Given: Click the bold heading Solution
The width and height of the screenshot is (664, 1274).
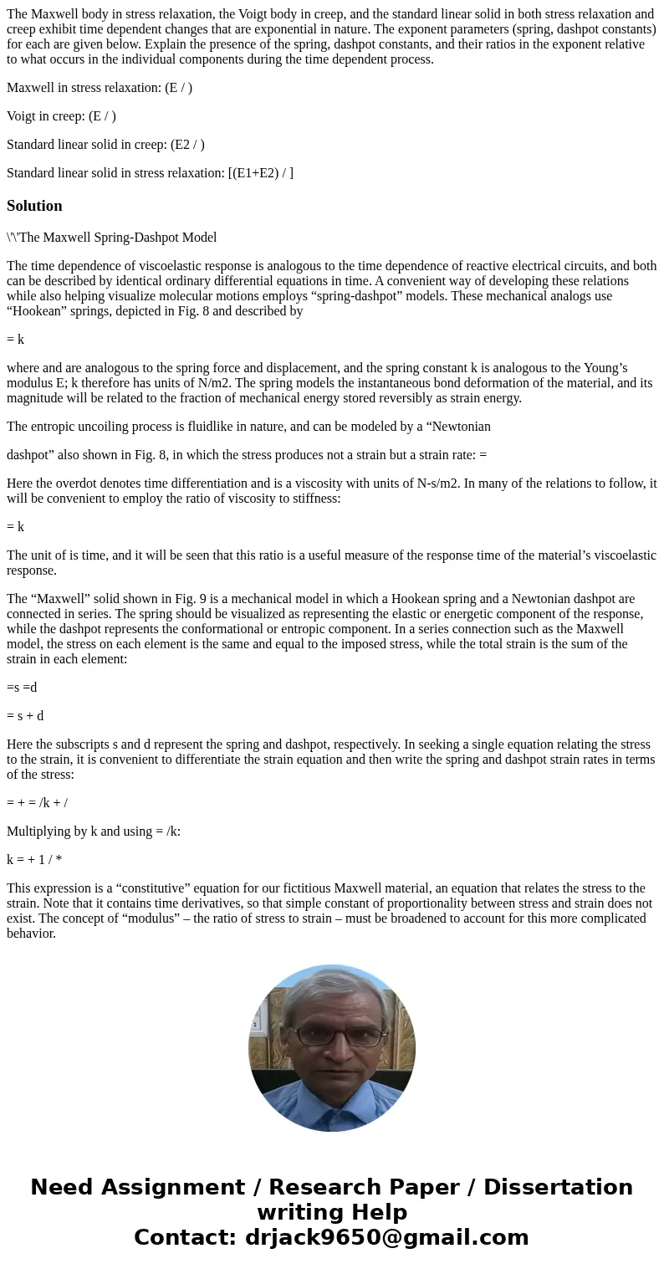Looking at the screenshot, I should [x=34, y=206].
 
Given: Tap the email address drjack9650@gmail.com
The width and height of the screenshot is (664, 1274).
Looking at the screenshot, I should [x=386, y=1237].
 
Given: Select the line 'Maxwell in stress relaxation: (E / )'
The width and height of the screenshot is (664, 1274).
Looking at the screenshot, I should [x=100, y=88].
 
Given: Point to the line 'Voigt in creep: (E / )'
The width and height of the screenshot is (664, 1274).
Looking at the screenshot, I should [x=61, y=116].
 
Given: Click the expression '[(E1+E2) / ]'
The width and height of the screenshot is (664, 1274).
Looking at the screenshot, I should [x=260, y=173].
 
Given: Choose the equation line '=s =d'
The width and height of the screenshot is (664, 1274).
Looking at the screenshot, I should [x=22, y=688].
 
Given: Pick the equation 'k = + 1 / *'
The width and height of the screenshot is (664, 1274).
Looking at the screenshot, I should [x=34, y=860].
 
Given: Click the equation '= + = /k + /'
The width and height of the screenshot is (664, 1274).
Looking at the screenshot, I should [x=37, y=803].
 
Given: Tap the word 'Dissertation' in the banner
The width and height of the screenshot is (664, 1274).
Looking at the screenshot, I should [x=558, y=1187].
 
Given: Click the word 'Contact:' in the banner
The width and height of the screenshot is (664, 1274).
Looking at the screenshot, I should [x=185, y=1237].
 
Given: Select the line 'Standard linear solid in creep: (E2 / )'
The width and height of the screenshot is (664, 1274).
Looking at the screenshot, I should [x=105, y=145].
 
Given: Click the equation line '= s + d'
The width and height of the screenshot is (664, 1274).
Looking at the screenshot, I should [x=25, y=716].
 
